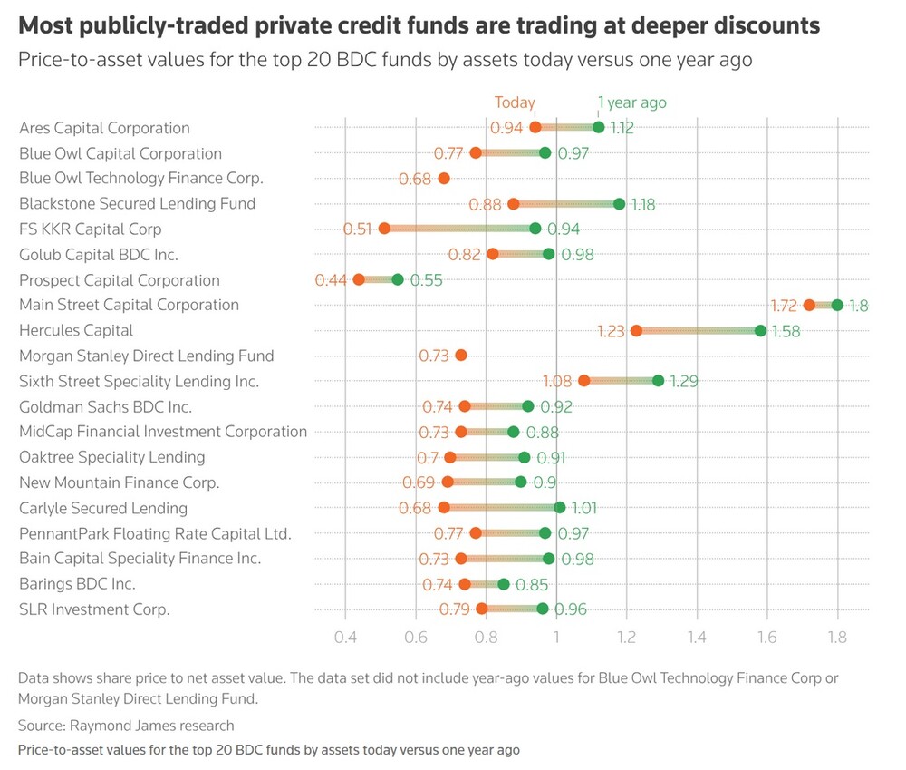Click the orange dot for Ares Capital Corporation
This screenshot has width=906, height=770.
pos(535,127)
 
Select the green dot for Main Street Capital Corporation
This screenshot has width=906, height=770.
pos(837,305)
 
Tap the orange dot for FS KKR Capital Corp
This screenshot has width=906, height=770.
pos(384,229)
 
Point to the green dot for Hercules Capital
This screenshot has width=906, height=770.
pos(760,330)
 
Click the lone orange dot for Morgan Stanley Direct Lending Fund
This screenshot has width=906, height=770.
pos(461,356)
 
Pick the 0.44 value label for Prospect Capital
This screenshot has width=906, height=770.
pos(331,280)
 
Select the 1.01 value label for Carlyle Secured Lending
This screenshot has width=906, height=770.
pos(583,508)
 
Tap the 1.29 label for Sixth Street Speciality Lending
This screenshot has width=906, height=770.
pos(684,381)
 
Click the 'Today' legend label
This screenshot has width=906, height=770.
pos(515,102)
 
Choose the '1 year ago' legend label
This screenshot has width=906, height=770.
pos(631,102)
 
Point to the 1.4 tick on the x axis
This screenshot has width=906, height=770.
pos(697,637)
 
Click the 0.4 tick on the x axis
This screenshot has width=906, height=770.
pos(345,637)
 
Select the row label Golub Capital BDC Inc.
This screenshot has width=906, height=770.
pos(99,255)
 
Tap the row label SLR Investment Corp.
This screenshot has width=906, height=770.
pos(94,609)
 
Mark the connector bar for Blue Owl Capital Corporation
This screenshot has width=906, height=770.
pos(510,152)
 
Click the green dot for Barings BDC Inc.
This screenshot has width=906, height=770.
pos(504,584)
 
